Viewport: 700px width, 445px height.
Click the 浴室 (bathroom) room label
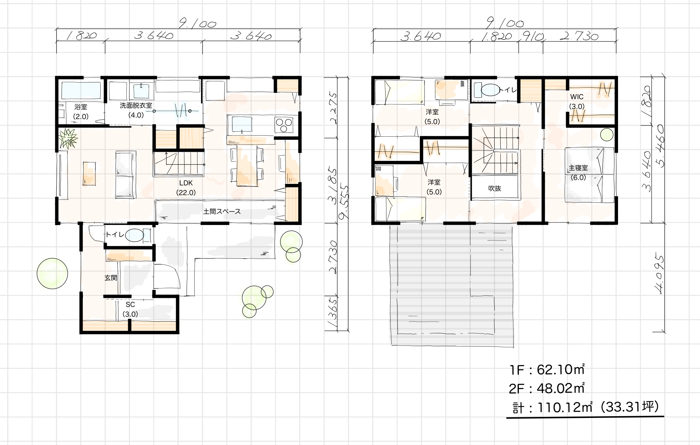click(81, 107)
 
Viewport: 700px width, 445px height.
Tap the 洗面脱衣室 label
click(136, 106)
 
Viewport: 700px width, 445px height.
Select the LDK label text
click(186, 183)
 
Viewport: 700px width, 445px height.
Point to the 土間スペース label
click(222, 211)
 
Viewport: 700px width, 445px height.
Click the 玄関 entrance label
click(111, 278)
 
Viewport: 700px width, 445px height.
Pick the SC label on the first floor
click(130, 305)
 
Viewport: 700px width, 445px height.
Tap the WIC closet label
click(577, 97)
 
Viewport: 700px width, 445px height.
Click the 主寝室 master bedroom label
click(578, 168)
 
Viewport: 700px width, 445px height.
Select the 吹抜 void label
click(495, 188)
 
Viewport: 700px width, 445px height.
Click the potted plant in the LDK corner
click(68, 138)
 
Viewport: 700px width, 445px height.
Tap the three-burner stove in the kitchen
click(284, 125)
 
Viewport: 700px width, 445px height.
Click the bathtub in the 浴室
click(81, 91)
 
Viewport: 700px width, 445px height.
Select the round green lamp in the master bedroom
click(607, 135)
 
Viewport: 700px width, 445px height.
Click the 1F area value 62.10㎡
click(561, 370)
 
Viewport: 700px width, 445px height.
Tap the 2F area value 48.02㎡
click(561, 388)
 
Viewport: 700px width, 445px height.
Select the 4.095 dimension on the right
click(659, 275)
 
